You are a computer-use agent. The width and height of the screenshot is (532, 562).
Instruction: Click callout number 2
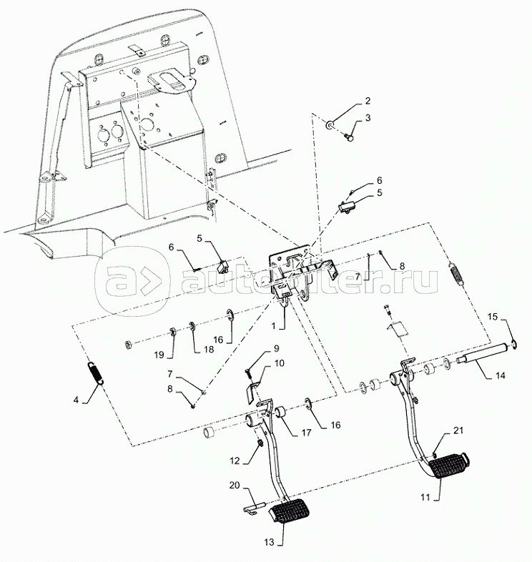368,101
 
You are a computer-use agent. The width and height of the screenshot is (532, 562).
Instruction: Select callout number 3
368,117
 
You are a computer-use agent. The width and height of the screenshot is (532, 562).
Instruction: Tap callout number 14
500,375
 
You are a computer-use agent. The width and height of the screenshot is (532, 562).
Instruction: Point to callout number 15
493,317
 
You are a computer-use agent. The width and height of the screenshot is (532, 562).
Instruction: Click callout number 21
458,430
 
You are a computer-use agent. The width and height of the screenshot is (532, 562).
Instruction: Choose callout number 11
425,498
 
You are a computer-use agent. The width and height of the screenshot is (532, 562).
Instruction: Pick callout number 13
270,542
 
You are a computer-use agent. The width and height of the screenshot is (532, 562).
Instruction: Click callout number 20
235,485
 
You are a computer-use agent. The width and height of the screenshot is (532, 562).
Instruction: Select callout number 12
235,460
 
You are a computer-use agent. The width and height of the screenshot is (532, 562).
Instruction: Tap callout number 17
306,433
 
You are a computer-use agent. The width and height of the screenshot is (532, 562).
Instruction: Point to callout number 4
76,400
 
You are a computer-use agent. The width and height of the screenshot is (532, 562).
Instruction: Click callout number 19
159,355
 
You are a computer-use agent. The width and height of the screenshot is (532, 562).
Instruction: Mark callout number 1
274,326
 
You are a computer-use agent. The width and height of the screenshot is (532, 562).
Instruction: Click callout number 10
280,363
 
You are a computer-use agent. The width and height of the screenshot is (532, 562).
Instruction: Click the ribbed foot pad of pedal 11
448,465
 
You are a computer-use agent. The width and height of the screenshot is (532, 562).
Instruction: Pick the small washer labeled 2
329,125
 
